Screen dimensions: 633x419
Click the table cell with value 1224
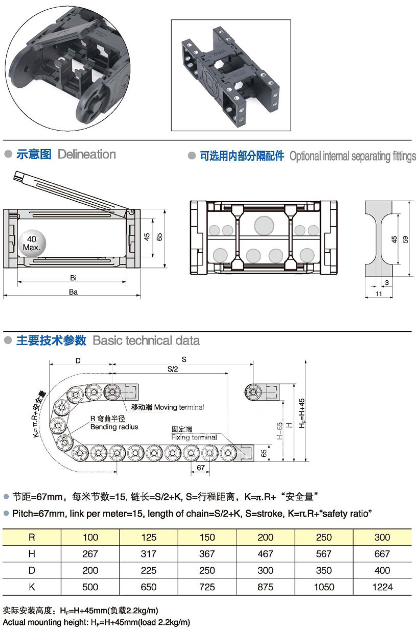pyautogui.click(x=382, y=587)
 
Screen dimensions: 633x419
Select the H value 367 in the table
pyautogui.click(x=207, y=554)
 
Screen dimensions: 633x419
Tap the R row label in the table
pyautogui.click(x=32, y=538)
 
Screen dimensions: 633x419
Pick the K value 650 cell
pyautogui.click(x=149, y=587)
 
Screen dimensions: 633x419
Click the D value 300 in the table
pyautogui.click(x=265, y=571)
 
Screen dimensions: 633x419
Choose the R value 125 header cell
pyautogui.click(x=149, y=538)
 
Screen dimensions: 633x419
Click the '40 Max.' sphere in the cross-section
pyautogui.click(x=32, y=243)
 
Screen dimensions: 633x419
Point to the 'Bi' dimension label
pyautogui.click(x=74, y=278)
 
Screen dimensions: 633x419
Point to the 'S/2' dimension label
pyautogui.click(x=172, y=370)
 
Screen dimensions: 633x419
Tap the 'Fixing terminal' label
pyautogui.click(x=194, y=437)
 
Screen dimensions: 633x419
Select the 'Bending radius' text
pyautogui.click(x=114, y=427)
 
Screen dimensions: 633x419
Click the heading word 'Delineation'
pyautogui.click(x=87, y=154)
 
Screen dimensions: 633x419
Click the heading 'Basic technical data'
pyautogui.click(x=146, y=340)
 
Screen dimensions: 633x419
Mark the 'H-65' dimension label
pyautogui.click(x=280, y=432)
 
